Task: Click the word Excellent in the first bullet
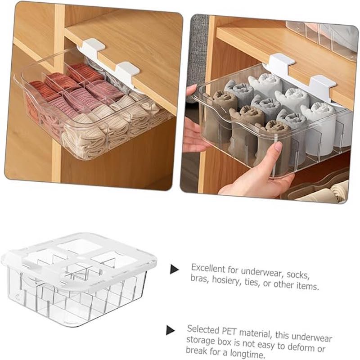pyautogui.click(x=208, y=268)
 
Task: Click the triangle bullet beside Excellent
pyautogui.click(x=174, y=269)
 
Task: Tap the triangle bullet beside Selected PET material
pyautogui.click(x=170, y=330)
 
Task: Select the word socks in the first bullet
pyautogui.click(x=298, y=274)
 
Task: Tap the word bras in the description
pyautogui.click(x=199, y=279)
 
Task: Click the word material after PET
pyautogui.click(x=256, y=333)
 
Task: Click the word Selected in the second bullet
pyautogui.click(x=203, y=329)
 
